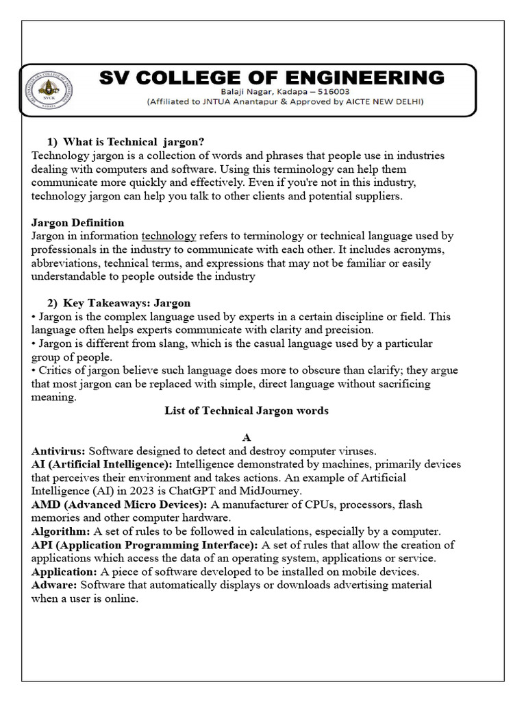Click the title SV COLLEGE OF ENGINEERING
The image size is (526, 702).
tap(272, 77)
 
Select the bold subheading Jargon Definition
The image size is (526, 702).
tap(78, 222)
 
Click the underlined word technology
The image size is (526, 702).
tap(168, 236)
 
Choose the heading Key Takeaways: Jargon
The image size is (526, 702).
tap(127, 302)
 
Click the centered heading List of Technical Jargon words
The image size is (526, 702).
tap(247, 411)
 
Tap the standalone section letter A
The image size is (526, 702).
tap(247, 437)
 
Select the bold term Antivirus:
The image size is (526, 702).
tap(59, 451)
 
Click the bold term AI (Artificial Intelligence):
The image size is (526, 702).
tap(101, 464)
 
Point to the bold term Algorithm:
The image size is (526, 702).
tap(60, 531)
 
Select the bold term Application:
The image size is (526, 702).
tap(65, 572)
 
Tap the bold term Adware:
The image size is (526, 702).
tap(55, 585)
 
